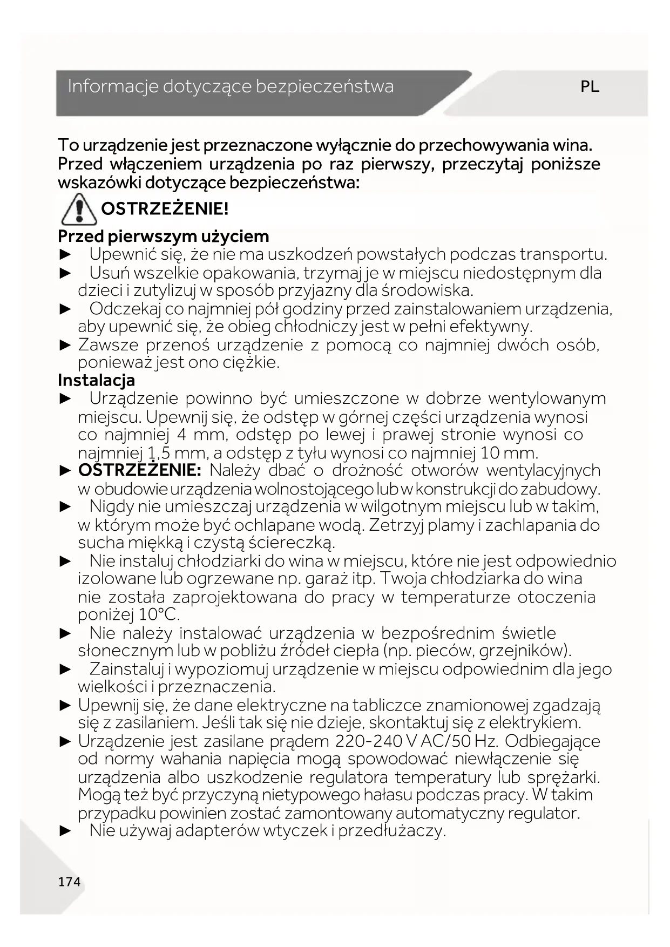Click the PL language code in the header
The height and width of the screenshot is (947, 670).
(590, 87)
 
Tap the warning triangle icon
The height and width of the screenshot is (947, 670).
(79, 209)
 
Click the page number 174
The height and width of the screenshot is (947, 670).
(69, 882)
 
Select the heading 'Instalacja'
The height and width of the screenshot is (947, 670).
(97, 380)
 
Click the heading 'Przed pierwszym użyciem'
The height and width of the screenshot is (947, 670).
(164, 236)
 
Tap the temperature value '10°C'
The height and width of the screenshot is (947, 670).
(159, 615)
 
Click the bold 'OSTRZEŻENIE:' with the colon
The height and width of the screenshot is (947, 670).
(139, 470)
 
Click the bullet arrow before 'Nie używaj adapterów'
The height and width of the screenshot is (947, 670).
(65, 831)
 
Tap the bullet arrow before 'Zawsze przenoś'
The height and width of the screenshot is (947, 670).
(65, 345)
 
